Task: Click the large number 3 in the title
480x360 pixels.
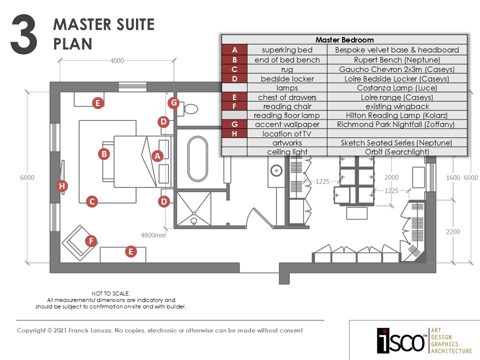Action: (23, 33)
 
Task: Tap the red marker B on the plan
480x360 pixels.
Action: (104, 154)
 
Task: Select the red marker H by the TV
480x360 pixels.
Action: (62, 186)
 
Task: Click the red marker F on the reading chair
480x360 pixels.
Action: (90, 241)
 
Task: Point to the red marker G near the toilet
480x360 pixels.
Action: (173, 103)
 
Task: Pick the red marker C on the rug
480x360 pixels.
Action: (91, 201)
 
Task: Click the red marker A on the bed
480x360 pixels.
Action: (157, 156)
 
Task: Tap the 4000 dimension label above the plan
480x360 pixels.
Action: (116, 61)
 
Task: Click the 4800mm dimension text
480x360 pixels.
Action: (153, 235)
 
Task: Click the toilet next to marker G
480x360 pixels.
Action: (189, 107)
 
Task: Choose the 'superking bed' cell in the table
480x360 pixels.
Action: (287, 50)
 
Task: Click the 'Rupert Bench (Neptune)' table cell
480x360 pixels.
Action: (397, 59)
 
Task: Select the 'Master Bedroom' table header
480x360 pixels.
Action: (344, 40)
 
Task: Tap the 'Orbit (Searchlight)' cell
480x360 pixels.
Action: (397, 152)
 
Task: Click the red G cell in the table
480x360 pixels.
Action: (234, 124)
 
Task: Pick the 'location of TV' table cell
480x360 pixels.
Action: (287, 133)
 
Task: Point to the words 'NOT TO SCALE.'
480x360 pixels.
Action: (110, 293)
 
